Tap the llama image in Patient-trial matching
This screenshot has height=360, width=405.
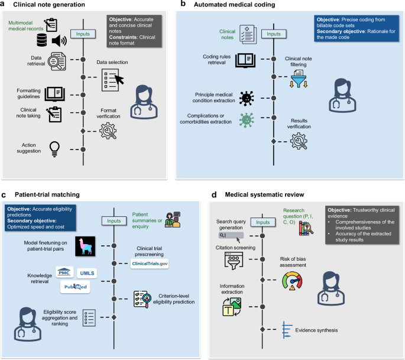tap(86, 231)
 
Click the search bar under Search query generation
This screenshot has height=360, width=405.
tap(229, 235)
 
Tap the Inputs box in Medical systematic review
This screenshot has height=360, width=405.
tap(260, 222)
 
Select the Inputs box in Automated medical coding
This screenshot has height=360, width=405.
tap(274, 34)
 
